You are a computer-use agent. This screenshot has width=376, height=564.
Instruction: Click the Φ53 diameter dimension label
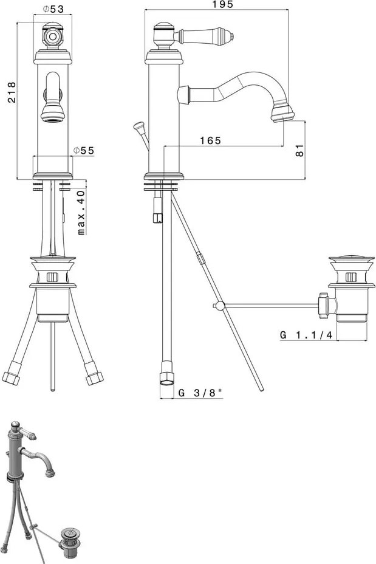point(53,9)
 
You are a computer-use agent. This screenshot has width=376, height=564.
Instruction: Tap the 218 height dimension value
point(12,92)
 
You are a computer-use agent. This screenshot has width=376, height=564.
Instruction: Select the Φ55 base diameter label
point(83,150)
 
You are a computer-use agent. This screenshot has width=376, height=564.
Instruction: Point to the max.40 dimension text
point(81,213)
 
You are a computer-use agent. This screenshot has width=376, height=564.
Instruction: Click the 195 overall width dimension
point(222,4)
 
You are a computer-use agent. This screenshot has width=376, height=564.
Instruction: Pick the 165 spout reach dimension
point(210,140)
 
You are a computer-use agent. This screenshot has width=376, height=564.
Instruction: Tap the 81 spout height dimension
point(299,150)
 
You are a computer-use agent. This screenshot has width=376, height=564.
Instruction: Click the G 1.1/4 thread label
point(306,335)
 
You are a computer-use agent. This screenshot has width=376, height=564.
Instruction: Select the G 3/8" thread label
point(200,393)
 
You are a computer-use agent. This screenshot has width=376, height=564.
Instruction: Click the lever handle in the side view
point(204,35)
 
